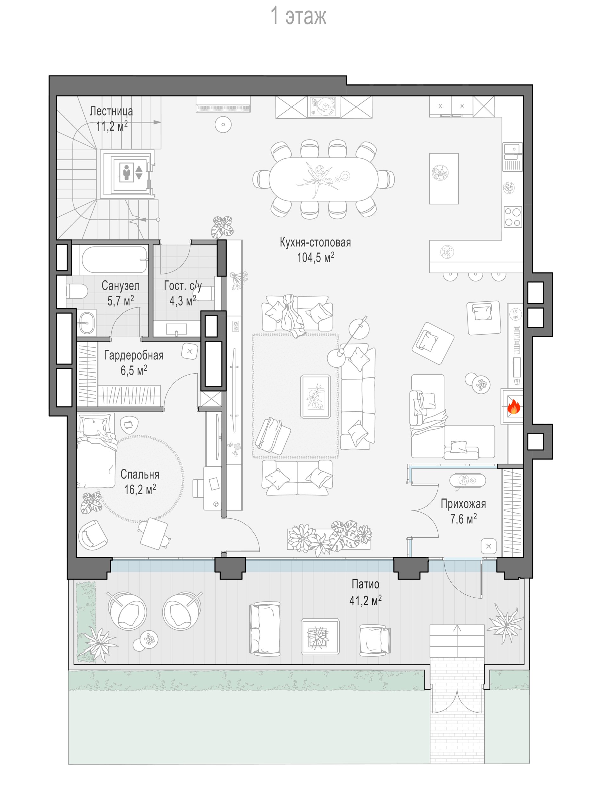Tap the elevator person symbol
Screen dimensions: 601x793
click(126, 172)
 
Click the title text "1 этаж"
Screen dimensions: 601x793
click(298, 16)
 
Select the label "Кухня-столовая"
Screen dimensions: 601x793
click(315, 242)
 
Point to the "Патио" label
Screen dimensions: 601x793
click(365, 584)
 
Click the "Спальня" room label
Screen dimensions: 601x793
click(140, 474)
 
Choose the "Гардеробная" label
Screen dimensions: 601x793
click(134, 355)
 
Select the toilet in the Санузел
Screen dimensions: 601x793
click(77, 292)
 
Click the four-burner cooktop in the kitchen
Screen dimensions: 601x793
click(513, 217)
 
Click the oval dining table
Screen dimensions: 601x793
click(323, 178)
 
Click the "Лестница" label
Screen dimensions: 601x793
click(111, 111)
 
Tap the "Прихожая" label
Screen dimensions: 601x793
click(463, 504)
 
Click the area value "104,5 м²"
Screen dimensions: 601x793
click(315, 257)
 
